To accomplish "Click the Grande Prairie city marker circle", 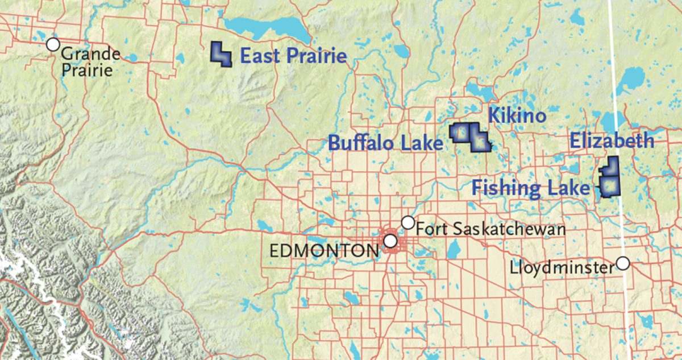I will [x=53, y=44].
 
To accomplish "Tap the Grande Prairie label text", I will [x=90, y=62].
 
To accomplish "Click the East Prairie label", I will [x=293, y=56].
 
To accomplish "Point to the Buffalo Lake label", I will [x=385, y=143].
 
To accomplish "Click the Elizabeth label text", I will [x=612, y=141].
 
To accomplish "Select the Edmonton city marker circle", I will [x=390, y=241].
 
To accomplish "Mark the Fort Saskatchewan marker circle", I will [x=408, y=222].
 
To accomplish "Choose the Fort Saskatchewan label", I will [x=490, y=229].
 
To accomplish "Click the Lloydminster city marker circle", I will [x=623, y=263].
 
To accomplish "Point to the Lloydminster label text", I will [x=563, y=266].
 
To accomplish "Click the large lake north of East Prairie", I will [x=264, y=27].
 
